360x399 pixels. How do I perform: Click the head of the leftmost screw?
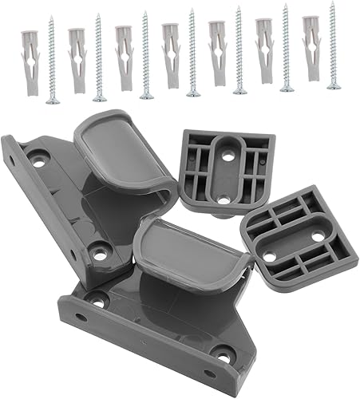coord(52,101)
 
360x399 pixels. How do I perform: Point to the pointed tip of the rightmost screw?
coord(332,4)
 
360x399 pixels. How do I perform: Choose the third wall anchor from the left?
coord(123,54)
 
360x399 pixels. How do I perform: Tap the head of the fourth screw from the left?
coord(193,93)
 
